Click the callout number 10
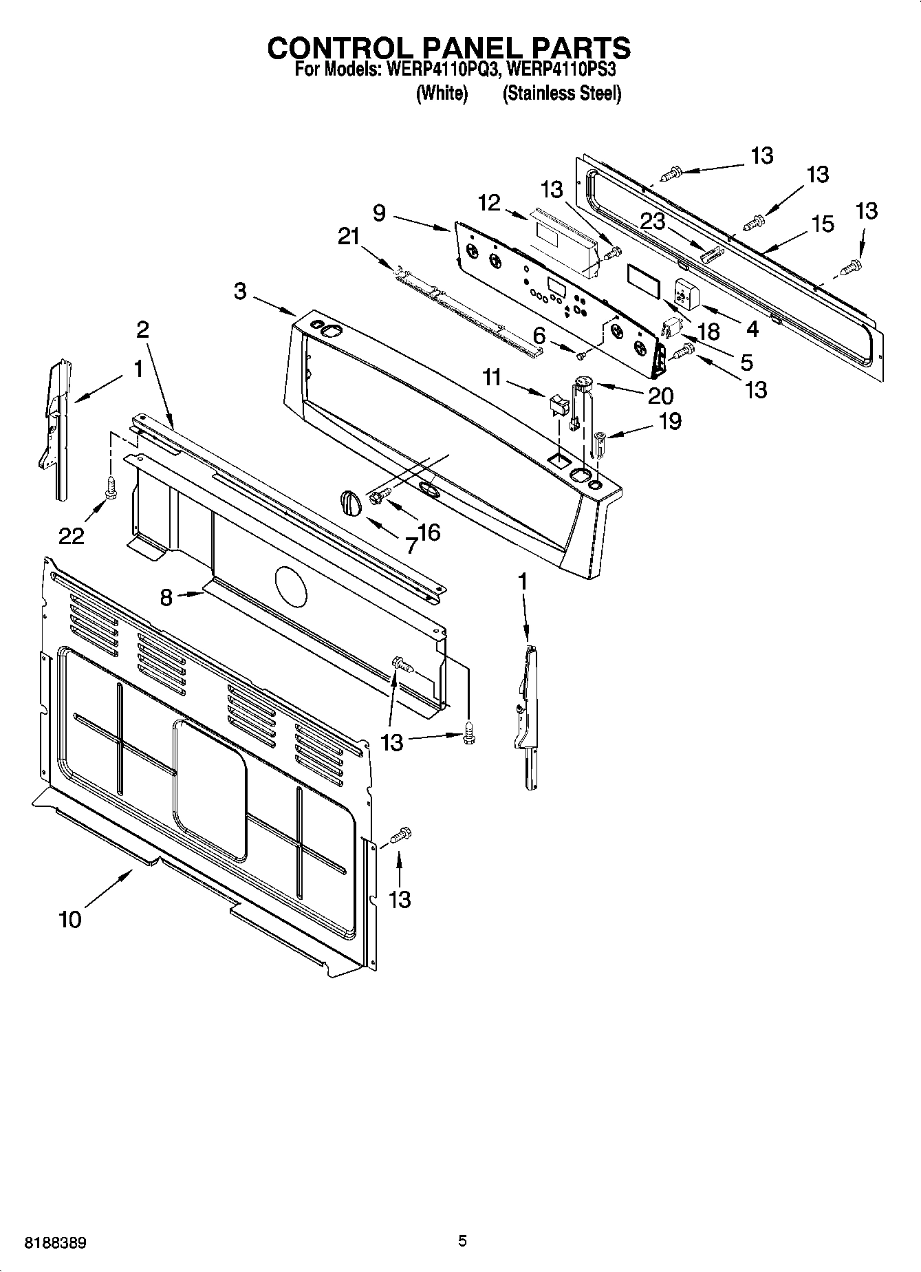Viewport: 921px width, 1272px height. point(70,919)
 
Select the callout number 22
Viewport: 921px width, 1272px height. point(71,535)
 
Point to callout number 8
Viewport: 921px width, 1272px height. point(166,597)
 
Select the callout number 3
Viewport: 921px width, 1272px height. point(239,292)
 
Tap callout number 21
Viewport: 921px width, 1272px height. point(349,237)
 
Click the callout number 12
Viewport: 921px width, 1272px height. point(489,202)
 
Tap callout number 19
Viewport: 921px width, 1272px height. point(669,420)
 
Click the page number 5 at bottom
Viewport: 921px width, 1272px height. point(462,1241)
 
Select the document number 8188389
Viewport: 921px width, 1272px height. point(55,1243)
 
